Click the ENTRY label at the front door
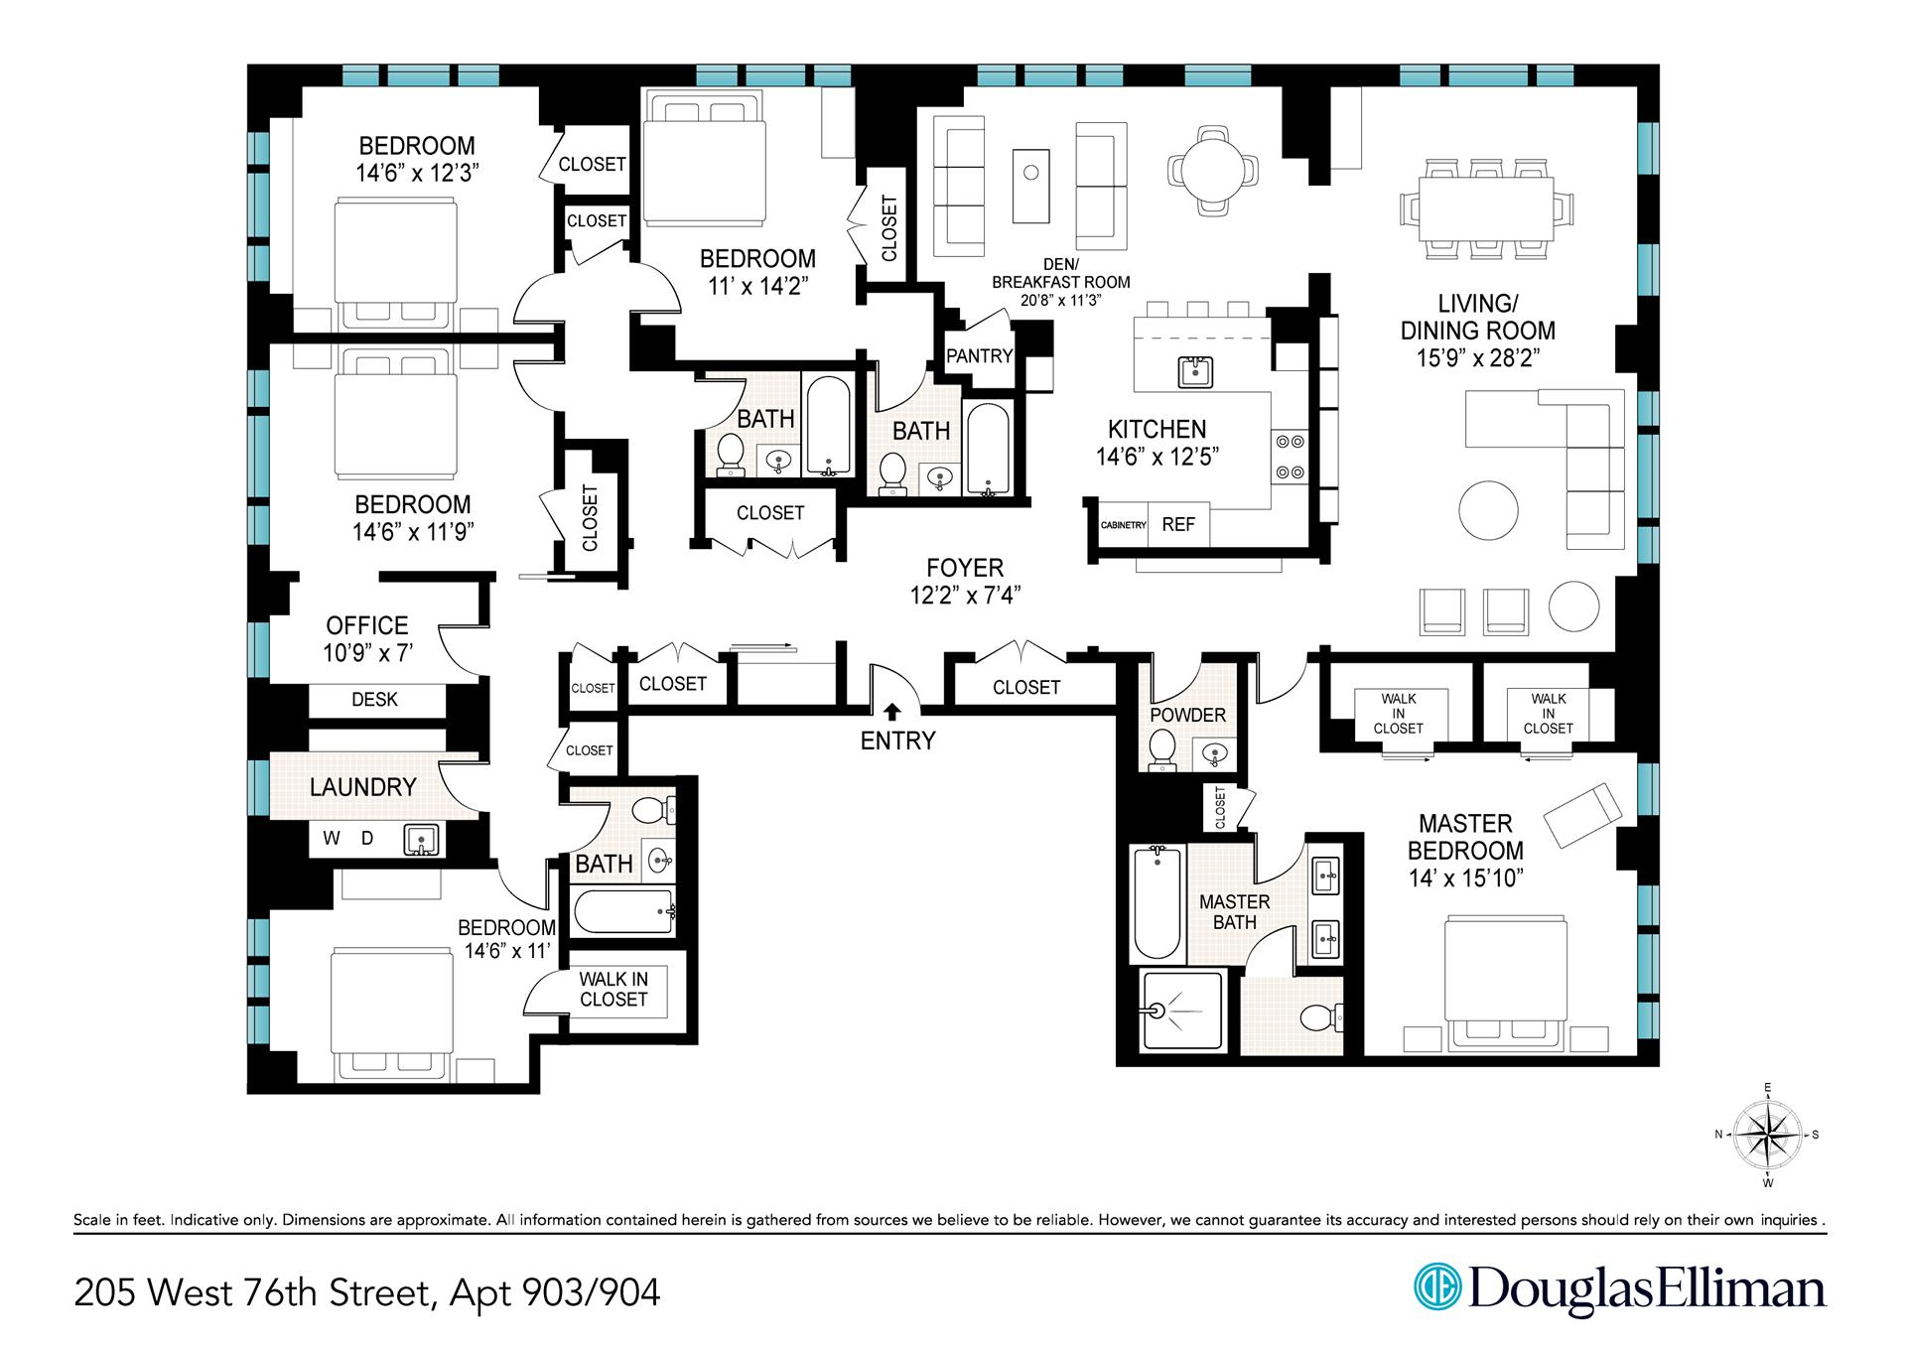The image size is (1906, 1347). (x=897, y=741)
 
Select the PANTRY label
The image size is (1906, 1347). (x=979, y=355)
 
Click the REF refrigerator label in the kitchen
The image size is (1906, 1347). (x=1178, y=524)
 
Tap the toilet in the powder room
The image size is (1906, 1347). (x=1161, y=749)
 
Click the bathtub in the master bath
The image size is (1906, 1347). (x=1157, y=902)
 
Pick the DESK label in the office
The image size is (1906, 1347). (x=374, y=700)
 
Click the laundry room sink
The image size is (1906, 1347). (x=421, y=841)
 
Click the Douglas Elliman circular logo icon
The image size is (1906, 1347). (x=1437, y=1288)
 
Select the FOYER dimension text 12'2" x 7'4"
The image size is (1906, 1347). (x=966, y=595)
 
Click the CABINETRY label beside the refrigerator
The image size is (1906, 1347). (x=1123, y=525)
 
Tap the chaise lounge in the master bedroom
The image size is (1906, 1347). (x=1583, y=814)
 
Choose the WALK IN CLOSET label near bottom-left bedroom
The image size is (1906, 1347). (x=613, y=989)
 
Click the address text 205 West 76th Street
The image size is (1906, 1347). (x=252, y=1292)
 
